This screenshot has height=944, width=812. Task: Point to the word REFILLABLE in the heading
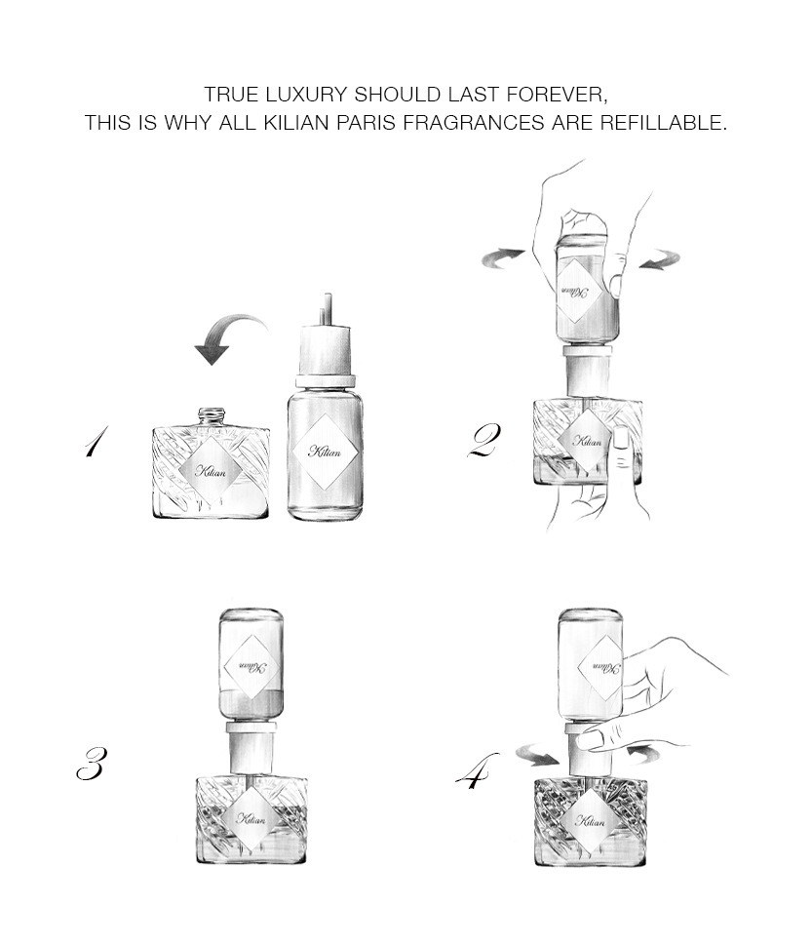point(663,122)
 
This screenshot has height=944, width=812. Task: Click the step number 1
point(96,441)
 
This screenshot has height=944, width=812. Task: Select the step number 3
point(92,764)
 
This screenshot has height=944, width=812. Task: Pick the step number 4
point(477,771)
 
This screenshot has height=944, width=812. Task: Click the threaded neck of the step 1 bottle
point(212,416)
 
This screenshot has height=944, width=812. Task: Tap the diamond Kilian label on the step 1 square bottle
point(211,470)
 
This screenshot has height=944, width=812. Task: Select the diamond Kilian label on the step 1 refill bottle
point(325,452)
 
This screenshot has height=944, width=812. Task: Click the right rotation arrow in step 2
point(660,260)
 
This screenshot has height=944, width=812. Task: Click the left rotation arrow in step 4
point(539,754)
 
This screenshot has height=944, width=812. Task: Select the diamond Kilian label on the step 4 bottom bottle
point(589,820)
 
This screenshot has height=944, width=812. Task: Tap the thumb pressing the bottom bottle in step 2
point(622,445)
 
